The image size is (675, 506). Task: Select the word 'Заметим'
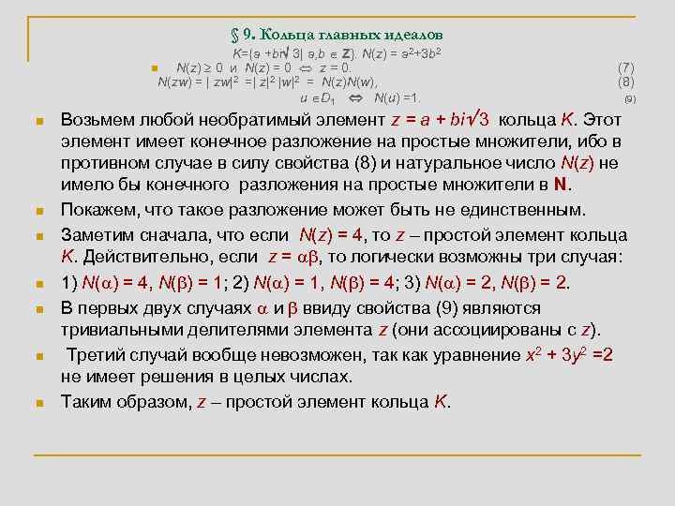pos(100,234)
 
